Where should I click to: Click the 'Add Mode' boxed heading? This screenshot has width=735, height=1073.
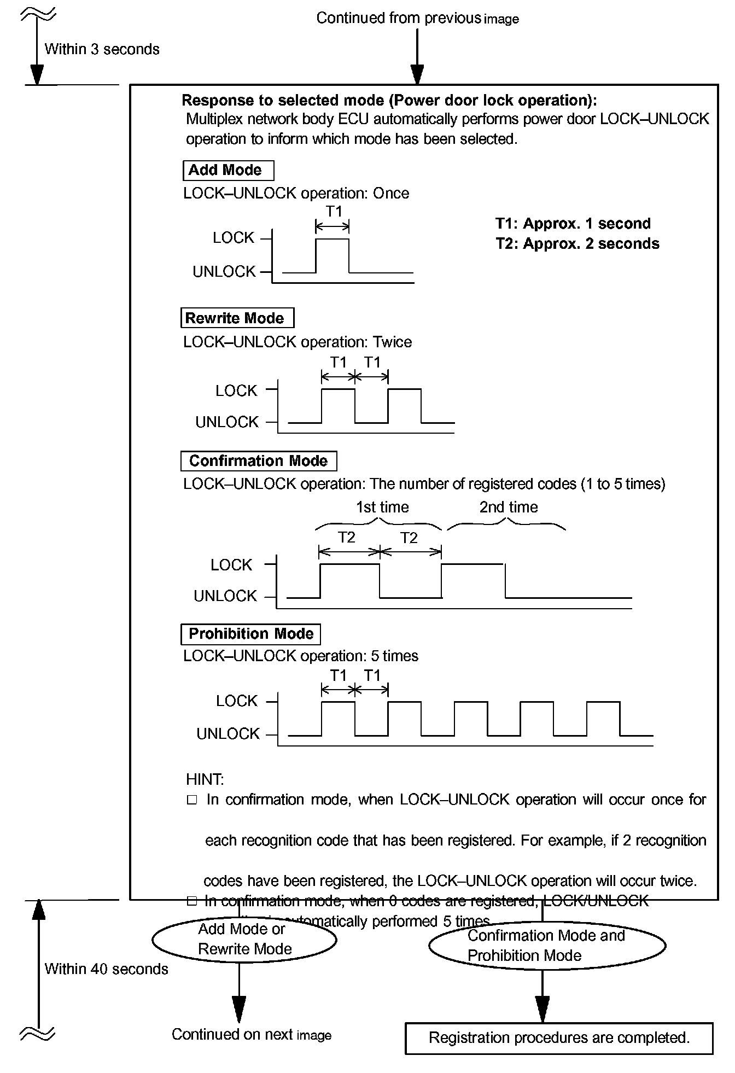228,171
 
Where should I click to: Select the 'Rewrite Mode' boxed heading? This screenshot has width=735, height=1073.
237,318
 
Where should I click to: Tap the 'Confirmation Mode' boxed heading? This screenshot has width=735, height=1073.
258,461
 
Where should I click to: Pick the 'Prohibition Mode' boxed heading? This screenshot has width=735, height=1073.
250,634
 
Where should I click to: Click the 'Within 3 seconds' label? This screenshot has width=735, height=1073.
102,49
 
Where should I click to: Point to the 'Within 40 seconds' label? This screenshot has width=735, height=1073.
106,969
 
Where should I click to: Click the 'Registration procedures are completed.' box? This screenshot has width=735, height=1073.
559,1037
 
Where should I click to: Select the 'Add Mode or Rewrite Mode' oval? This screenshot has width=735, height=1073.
244,939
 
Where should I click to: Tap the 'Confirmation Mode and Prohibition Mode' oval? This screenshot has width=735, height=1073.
547,946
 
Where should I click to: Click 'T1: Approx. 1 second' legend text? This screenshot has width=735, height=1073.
573,224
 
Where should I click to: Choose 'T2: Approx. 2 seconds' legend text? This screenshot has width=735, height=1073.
577,244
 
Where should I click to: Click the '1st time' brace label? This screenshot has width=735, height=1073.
382,508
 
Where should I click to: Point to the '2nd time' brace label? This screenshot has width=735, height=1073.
509,508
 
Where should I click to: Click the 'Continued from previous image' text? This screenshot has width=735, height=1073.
417,19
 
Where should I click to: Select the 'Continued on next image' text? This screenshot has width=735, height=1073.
252,1034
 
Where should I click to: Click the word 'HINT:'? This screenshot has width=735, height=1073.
205,779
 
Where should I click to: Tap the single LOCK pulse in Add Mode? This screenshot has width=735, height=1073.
332,255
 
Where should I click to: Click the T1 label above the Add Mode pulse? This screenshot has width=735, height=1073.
334,211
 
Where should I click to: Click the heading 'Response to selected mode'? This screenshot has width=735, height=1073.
389,101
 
